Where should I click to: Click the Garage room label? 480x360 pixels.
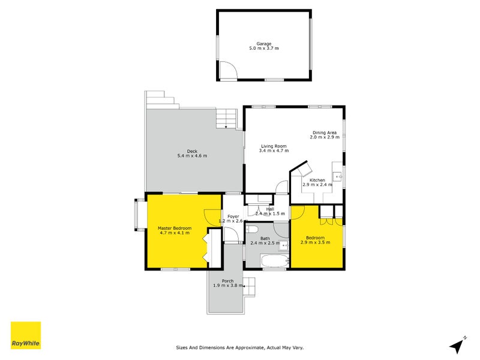pos(264,43)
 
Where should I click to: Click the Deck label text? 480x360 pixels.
pos(192,151)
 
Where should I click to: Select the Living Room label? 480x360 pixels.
pos(273,146)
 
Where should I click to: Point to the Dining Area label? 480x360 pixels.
pos(324,132)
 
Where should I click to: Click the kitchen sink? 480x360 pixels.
pos(338,176)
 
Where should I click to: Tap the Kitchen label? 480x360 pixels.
pos(317,180)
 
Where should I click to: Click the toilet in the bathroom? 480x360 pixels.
pos(253,230)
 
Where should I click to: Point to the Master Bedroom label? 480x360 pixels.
pos(175,228)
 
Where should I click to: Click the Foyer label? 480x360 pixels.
pos(233,216)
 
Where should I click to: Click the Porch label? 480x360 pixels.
pos(227,281)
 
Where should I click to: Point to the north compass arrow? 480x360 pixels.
pos(458,345)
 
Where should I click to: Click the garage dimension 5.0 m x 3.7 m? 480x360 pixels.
pos(264,48)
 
